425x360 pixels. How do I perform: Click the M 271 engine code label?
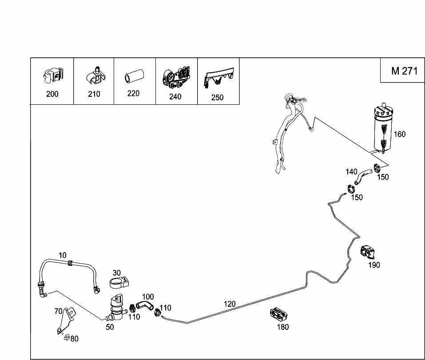(405, 71)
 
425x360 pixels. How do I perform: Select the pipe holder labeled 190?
(368, 252)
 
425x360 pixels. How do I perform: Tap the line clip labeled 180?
(278, 314)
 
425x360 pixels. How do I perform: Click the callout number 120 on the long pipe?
(230, 304)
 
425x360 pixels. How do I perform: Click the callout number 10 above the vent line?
(62, 255)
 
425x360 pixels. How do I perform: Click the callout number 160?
(400, 134)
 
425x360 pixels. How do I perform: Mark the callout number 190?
(374, 265)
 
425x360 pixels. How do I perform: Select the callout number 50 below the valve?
(110, 327)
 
